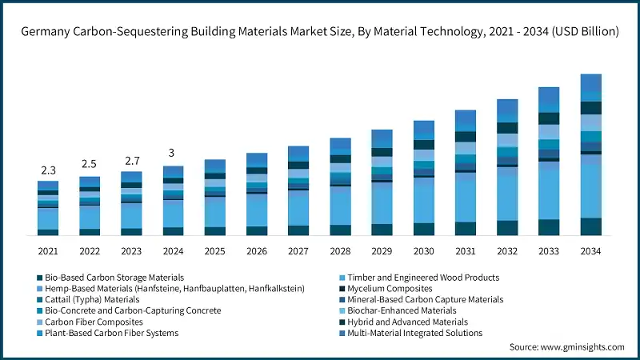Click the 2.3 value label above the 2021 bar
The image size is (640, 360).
pos(47,170)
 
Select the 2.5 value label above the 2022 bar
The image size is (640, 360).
pos(89,164)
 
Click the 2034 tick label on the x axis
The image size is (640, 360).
pos(590,251)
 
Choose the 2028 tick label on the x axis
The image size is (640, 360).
pos(340,251)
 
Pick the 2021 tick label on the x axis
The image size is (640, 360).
pos(47,251)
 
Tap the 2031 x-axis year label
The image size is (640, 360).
pos(466,251)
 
